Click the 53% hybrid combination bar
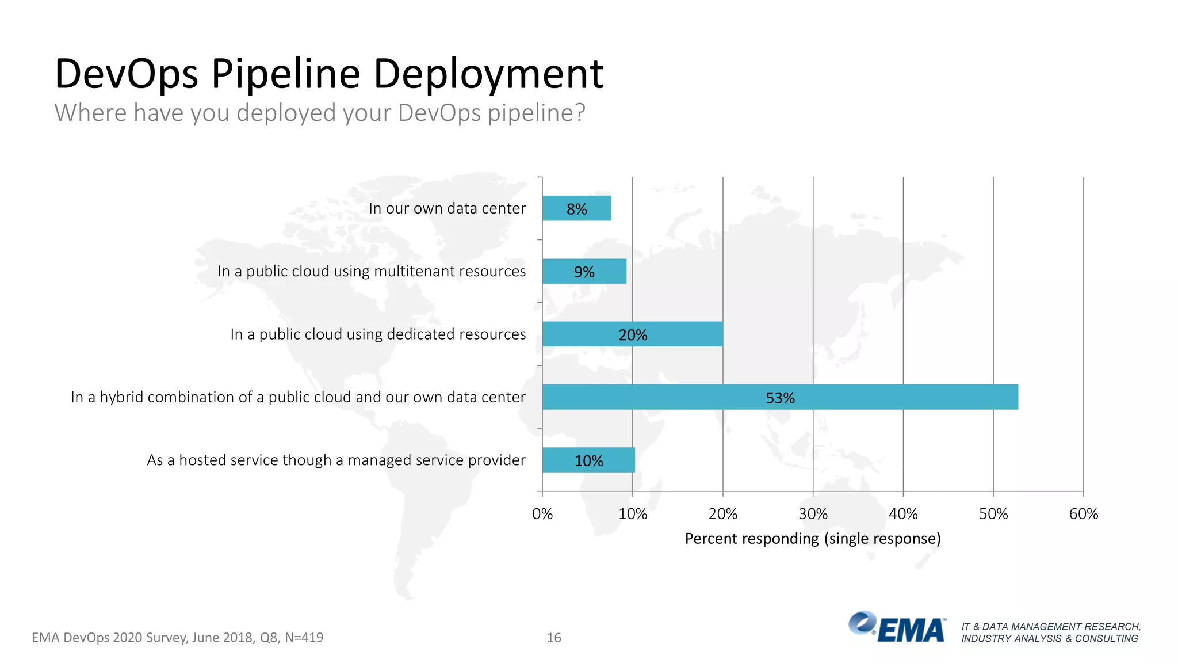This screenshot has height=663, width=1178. click(779, 397)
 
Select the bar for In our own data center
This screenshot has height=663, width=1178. click(576, 208)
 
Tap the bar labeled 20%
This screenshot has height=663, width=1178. click(632, 334)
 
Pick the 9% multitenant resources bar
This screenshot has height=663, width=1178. click(584, 271)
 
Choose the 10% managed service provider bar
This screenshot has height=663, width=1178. click(588, 460)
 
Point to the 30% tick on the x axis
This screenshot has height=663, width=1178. click(813, 514)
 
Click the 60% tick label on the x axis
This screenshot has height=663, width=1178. click(1083, 514)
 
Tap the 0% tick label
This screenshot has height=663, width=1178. click(542, 514)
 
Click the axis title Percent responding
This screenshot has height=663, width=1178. click(812, 539)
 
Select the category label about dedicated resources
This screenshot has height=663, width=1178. click(378, 334)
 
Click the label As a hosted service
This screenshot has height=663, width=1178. click(336, 460)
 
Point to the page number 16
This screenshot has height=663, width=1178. click(553, 638)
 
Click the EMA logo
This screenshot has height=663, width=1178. click(896, 627)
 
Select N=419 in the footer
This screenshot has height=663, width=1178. click(304, 638)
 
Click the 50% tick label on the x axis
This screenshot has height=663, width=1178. click(993, 514)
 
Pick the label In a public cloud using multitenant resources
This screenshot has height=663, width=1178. click(372, 271)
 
